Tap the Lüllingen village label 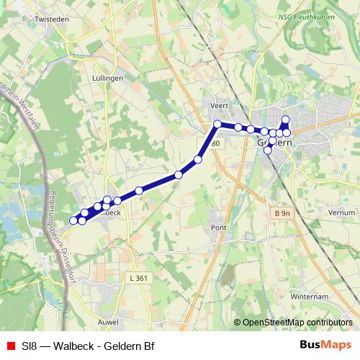point(109,77)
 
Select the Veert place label point(219,105)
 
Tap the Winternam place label point(308,297)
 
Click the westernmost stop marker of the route point(73,220)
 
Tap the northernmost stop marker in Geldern point(286,120)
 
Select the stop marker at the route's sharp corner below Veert point(217,125)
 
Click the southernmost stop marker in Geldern point(268,150)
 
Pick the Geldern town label point(274,143)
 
